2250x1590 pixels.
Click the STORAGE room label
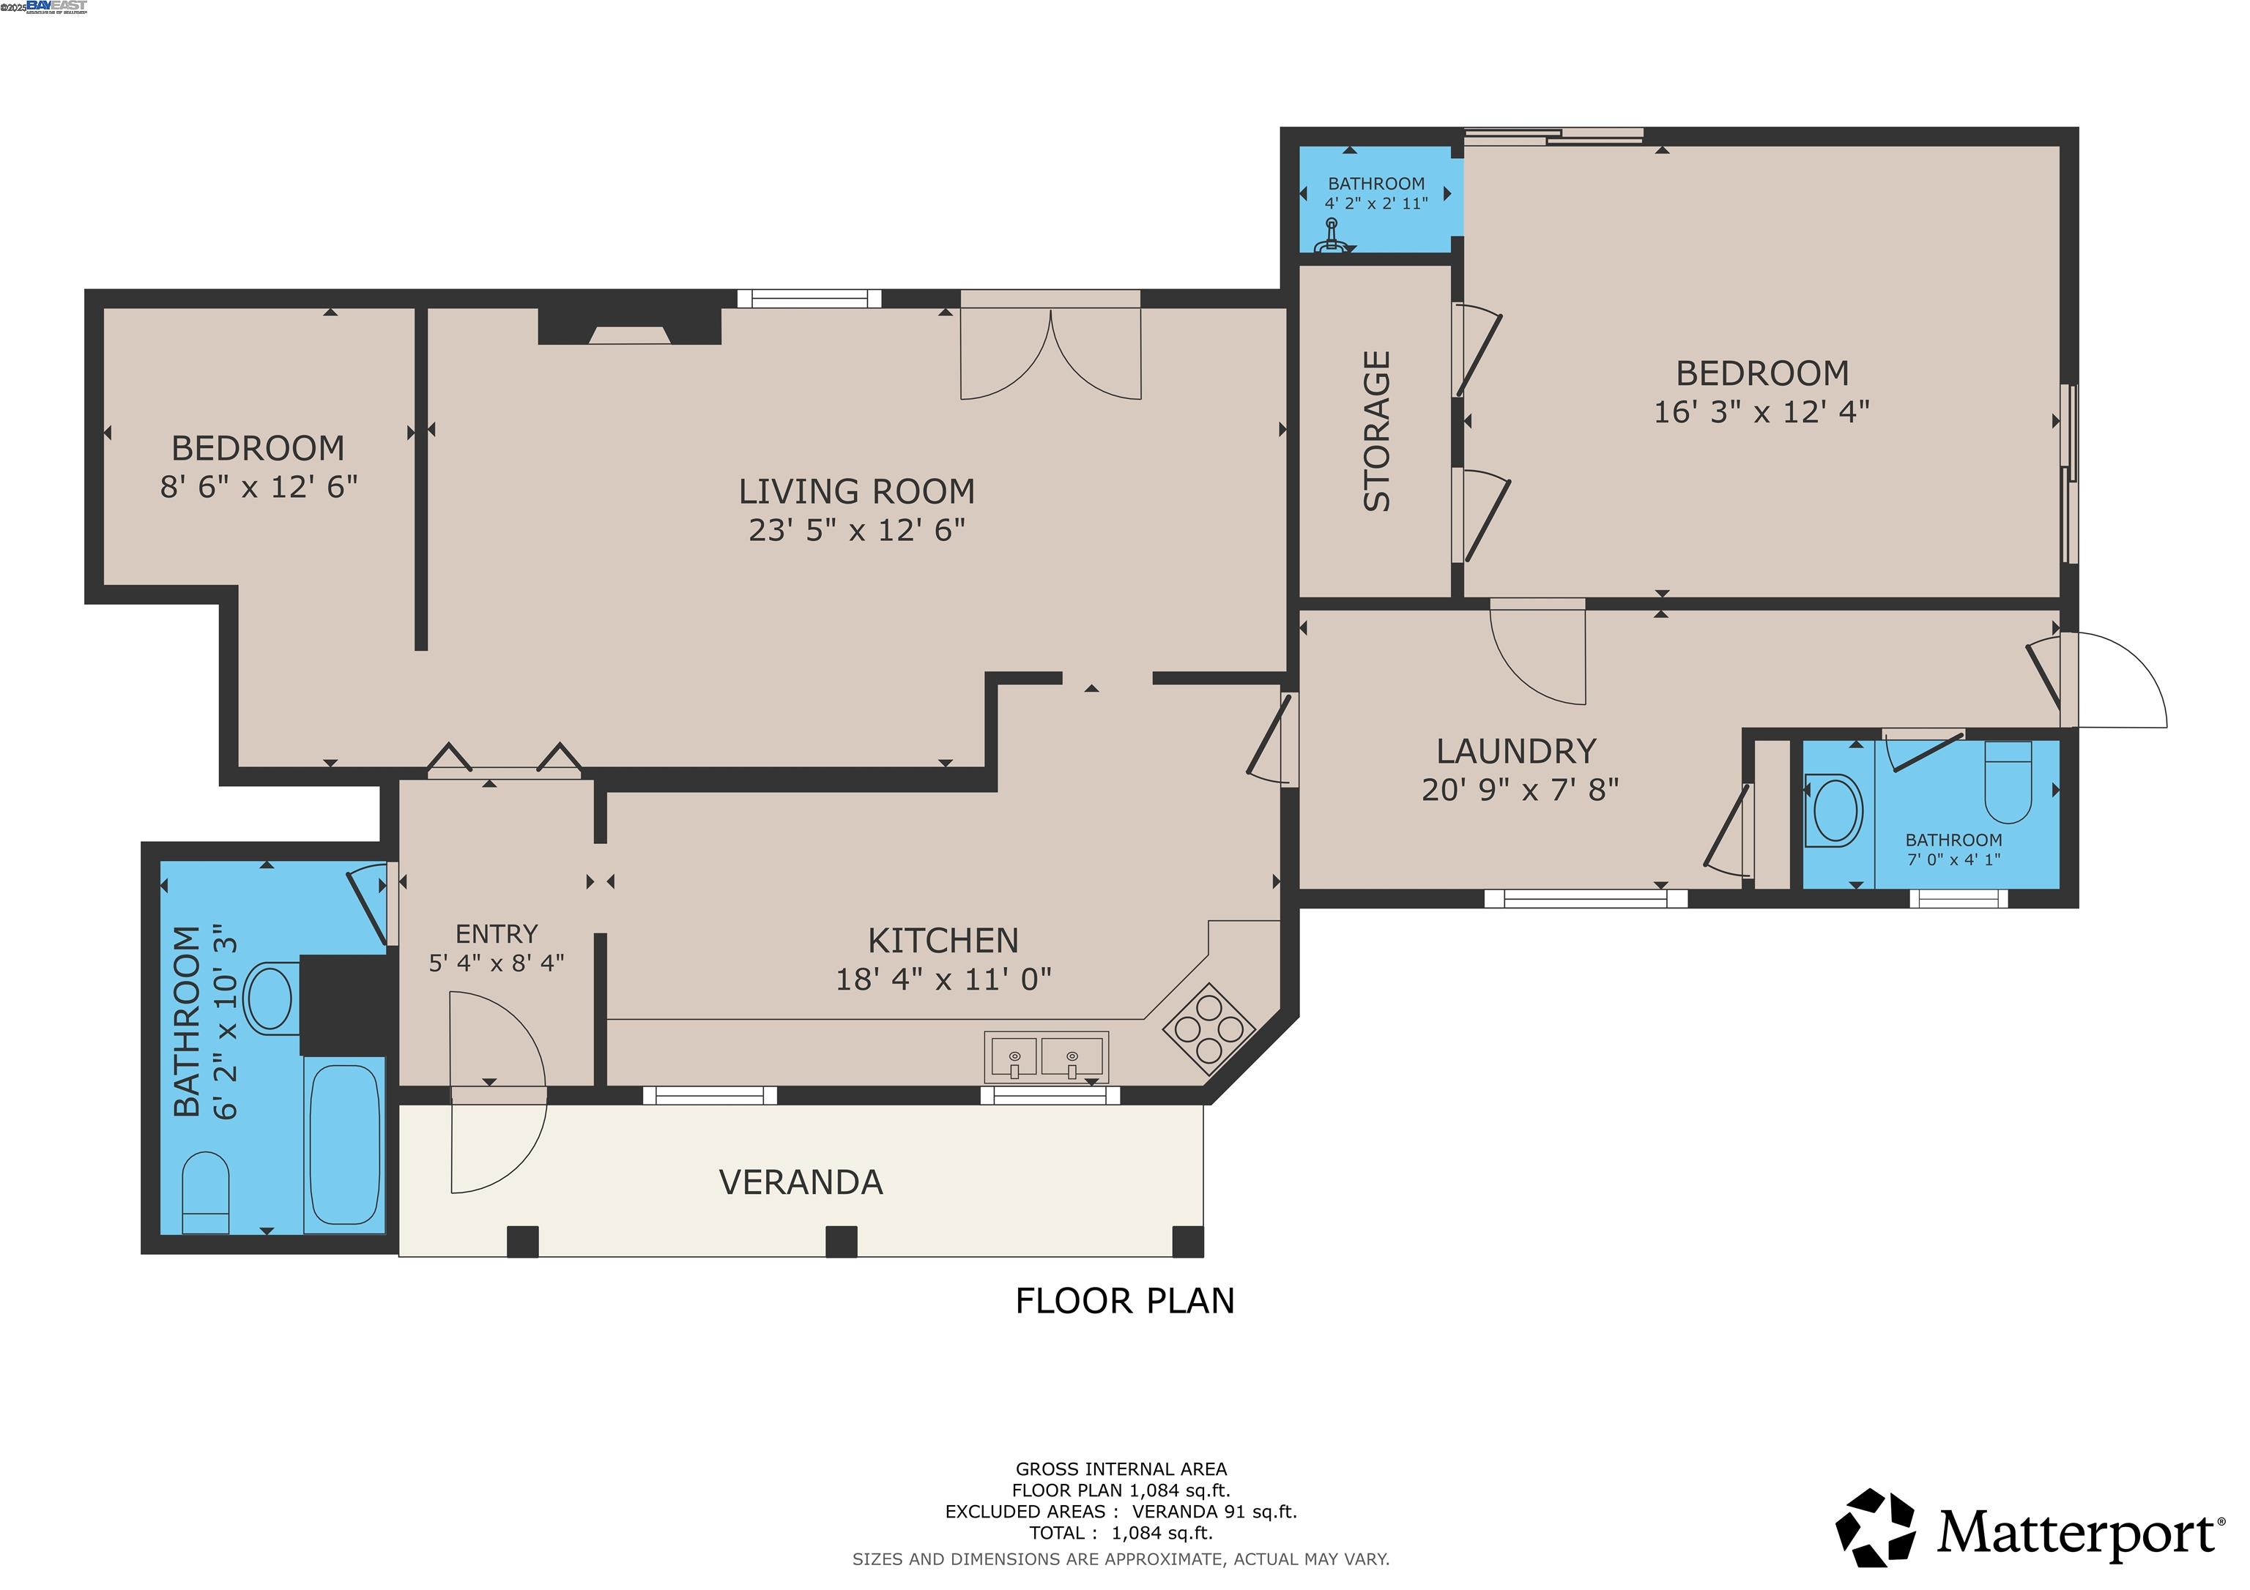pos(1377,431)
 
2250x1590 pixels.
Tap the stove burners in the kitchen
pos(1209,1029)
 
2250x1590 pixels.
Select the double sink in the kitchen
pos(1046,1057)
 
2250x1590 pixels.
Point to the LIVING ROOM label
pos(856,490)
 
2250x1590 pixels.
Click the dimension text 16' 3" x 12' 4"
pos(1761,412)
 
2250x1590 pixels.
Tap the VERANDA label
pos(801,1182)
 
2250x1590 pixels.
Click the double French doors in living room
pos(1050,353)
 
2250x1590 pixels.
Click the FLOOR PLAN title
pos(1124,1301)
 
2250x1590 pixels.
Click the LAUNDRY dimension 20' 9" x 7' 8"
pos(1520,790)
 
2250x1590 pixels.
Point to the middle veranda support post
pos(841,1242)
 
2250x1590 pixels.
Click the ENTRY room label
pos(496,933)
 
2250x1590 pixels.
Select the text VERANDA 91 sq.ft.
pos(1214,1512)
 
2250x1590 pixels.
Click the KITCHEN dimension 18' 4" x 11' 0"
pos(943,979)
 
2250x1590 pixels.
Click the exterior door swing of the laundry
pos(2117,681)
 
